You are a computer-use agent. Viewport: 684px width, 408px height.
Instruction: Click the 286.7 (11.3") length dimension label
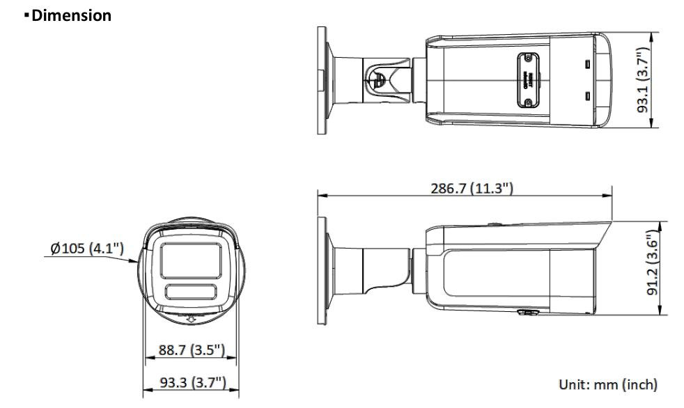pyautogui.click(x=471, y=188)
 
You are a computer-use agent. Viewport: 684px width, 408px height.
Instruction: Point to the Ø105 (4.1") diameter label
pyautogui.click(x=87, y=249)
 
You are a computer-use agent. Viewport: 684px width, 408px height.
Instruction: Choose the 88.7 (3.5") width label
pyautogui.click(x=191, y=350)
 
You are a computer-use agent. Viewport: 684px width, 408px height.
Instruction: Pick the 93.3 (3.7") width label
pyautogui.click(x=191, y=382)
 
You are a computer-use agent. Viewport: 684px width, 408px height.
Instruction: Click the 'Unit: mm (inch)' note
pyautogui.click(x=608, y=384)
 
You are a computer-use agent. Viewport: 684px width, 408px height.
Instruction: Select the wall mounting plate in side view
pyautogui.click(x=322, y=268)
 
